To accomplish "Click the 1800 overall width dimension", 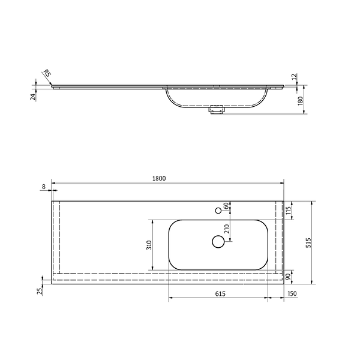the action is [159, 178].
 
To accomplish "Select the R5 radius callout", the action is [47, 73].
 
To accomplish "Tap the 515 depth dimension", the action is [308, 242].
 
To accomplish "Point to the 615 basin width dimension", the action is [220, 293].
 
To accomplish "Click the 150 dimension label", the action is [292, 293].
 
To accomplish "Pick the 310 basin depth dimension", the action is [149, 245].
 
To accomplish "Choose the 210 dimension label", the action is [227, 229].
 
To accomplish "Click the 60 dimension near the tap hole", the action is [226, 205].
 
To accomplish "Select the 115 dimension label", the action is [289, 210].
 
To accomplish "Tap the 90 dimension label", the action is [288, 277].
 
